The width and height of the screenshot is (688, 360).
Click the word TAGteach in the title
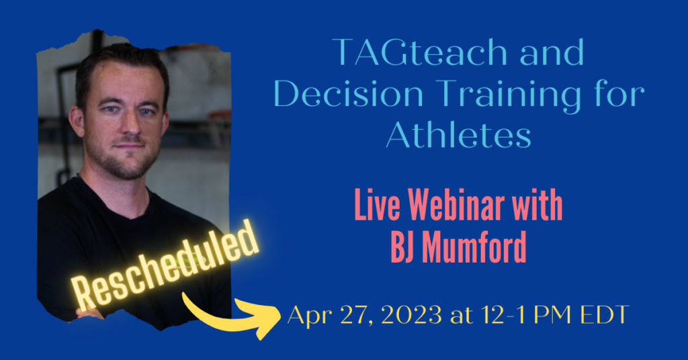(419, 52)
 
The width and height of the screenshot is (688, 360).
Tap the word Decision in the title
(349, 94)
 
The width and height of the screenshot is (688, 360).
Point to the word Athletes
(458, 134)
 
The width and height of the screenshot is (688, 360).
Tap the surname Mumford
(474, 246)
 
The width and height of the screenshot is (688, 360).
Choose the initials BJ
(402, 246)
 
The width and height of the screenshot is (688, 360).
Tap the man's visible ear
(77, 122)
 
